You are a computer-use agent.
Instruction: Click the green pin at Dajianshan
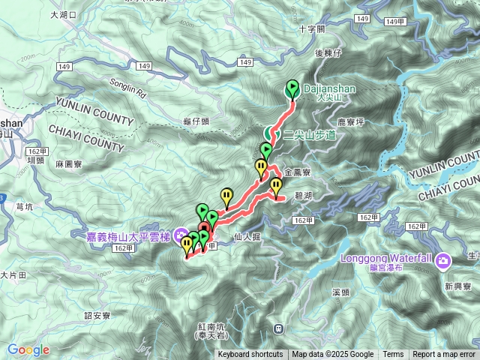[292, 88]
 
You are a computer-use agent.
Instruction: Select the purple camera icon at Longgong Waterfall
[444, 260]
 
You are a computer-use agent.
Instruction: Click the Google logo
[28, 349]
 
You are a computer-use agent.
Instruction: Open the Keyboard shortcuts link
[250, 355]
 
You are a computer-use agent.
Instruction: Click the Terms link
[393, 355]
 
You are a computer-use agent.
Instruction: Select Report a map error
[444, 355]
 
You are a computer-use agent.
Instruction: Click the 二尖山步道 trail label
[309, 135]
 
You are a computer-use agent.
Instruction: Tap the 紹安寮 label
[98, 316]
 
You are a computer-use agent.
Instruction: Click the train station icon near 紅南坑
[278, 328]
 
